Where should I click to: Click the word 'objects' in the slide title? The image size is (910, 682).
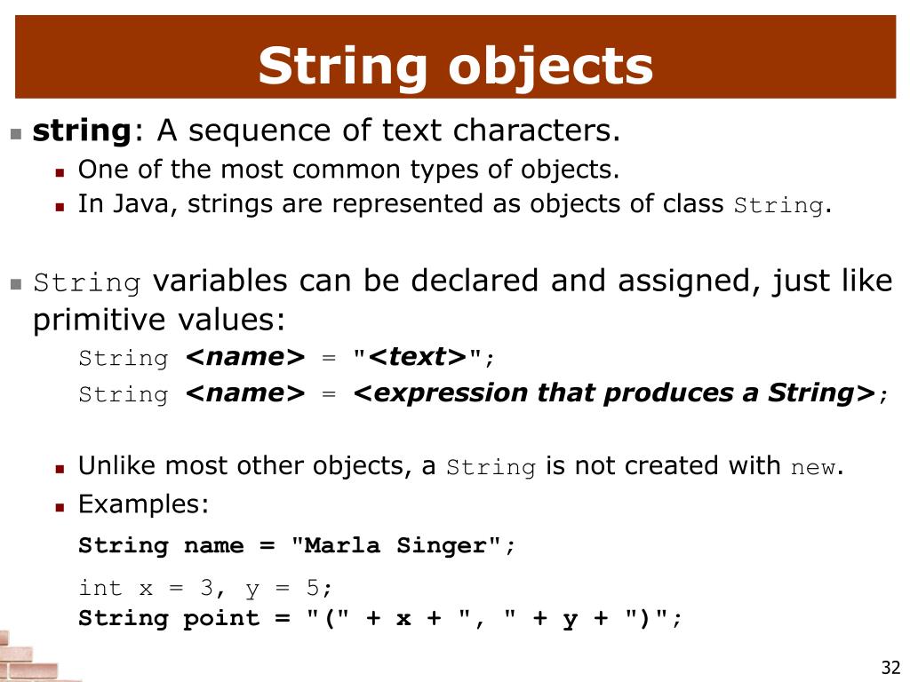[550, 67]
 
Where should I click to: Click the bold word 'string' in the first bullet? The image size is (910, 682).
[82, 131]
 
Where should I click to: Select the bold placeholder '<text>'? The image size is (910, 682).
[417, 357]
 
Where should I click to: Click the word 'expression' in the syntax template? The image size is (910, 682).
[430, 393]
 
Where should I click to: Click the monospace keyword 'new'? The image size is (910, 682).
[812, 468]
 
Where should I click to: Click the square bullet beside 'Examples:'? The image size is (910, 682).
[60, 506]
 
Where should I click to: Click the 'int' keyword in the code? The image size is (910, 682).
[100, 588]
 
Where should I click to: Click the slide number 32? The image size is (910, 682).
[890, 668]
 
